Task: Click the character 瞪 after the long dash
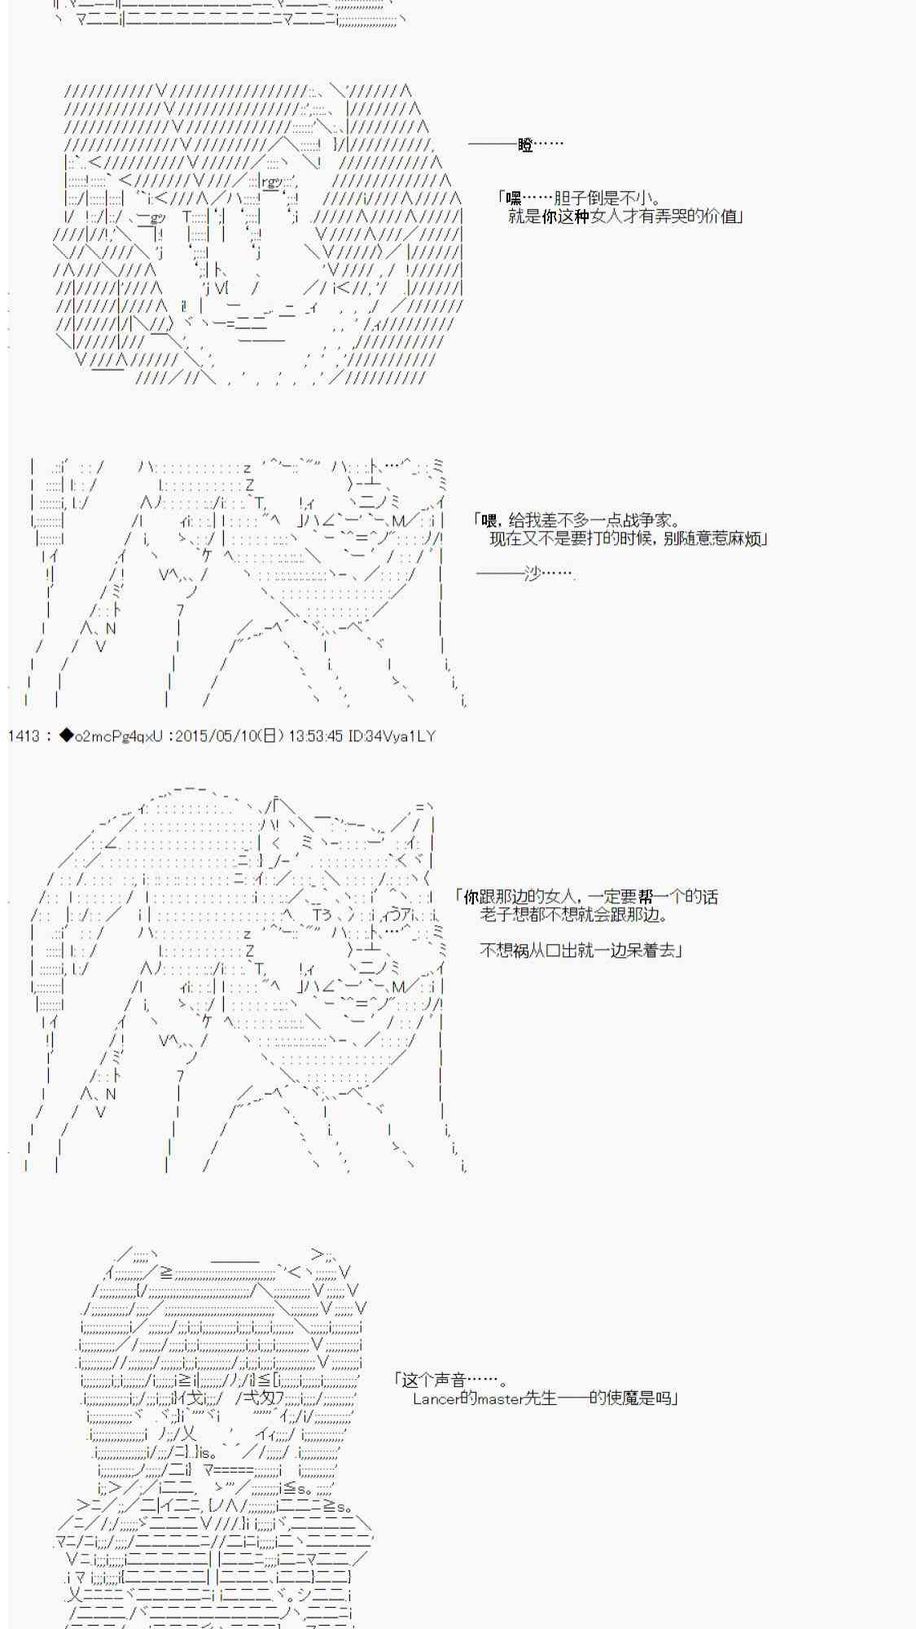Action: pos(525,145)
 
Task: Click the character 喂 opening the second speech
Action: pos(489,520)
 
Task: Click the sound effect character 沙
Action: pos(533,573)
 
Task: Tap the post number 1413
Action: pos(24,736)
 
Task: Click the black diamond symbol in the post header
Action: pos(66,736)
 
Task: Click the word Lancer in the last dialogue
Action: pos(436,1398)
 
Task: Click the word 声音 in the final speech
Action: pos(448,1380)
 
